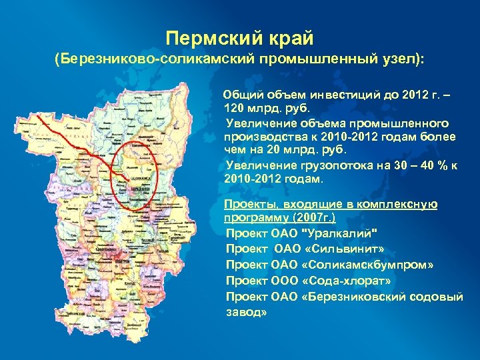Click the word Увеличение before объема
259,123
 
